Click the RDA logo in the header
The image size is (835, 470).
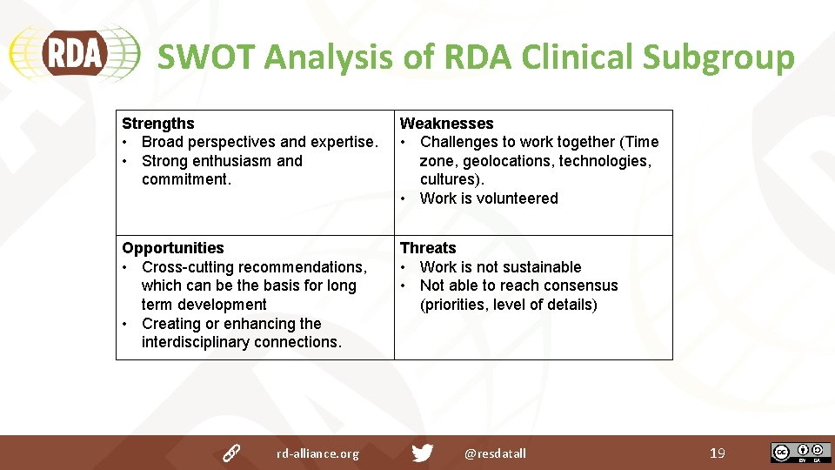pos(73,55)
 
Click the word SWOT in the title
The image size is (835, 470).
pos(205,57)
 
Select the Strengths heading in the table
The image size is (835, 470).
pos(157,124)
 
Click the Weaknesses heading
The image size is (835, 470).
pos(446,124)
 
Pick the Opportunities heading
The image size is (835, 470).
pos(172,248)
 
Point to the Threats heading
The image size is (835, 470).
pos(428,248)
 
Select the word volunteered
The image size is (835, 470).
pos(517,198)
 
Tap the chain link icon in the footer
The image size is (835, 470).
pos(230,453)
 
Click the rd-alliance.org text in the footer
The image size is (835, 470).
pos(317,453)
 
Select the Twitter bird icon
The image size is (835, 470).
pos(422,453)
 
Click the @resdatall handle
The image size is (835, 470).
pos(495,453)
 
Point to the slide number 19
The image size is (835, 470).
pos(717,453)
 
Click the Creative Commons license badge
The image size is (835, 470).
pos(800,453)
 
